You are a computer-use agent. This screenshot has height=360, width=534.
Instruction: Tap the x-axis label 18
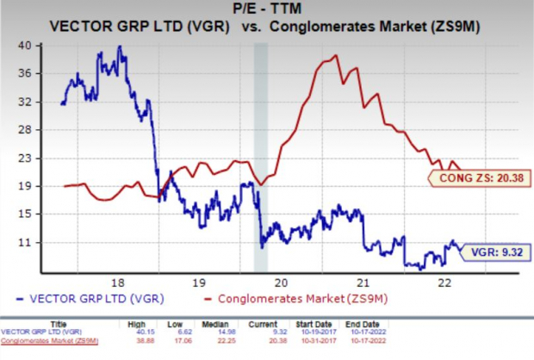[118, 282]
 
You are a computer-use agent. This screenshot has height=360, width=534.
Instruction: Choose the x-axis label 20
[281, 282]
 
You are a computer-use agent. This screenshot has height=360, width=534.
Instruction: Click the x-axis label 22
[444, 282]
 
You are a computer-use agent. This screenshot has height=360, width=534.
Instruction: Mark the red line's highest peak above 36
[334, 56]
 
